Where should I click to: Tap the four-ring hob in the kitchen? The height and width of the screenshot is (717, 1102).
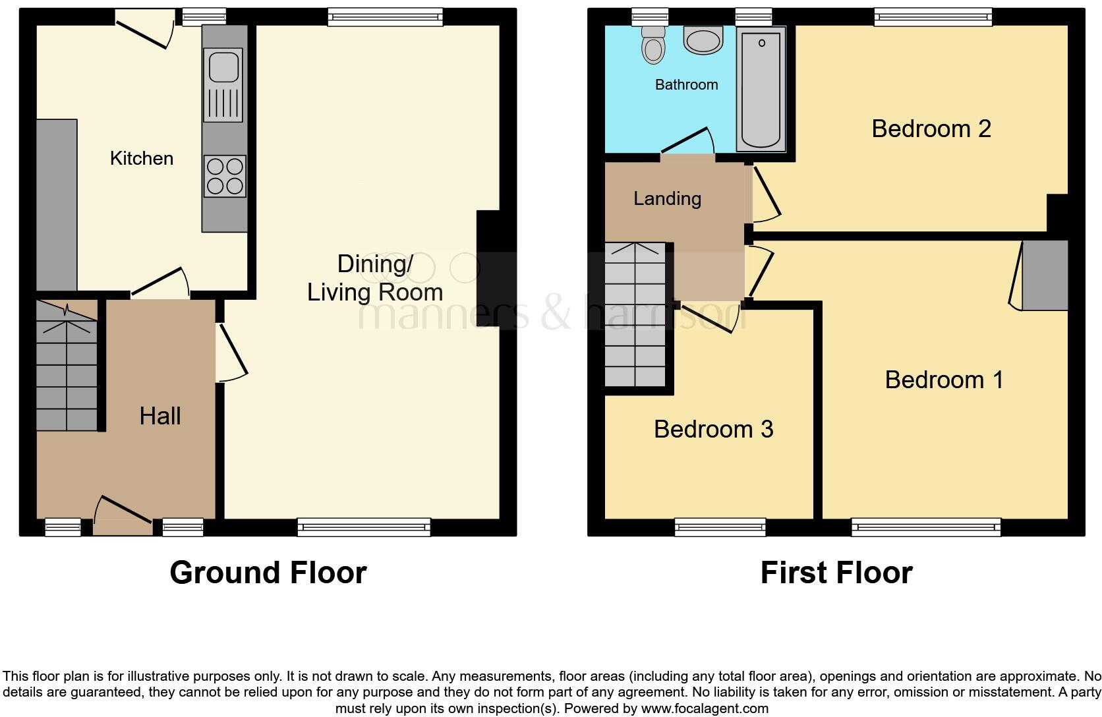pyautogui.click(x=225, y=177)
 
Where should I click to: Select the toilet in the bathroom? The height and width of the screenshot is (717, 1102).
pyautogui.click(x=653, y=45)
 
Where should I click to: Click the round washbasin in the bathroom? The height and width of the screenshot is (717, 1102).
pyautogui.click(x=704, y=40)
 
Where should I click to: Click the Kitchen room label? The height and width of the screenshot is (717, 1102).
pyautogui.click(x=141, y=158)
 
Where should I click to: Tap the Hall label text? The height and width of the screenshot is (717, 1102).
pyautogui.click(x=160, y=416)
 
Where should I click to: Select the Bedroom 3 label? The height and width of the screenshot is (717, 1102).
pyautogui.click(x=713, y=429)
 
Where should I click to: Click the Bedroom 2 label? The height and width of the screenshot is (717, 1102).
pyautogui.click(x=931, y=129)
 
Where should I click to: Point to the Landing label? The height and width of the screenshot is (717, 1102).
pyautogui.click(x=667, y=198)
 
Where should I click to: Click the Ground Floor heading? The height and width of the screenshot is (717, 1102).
pyautogui.click(x=268, y=572)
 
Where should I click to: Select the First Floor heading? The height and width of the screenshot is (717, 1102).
pyautogui.click(x=836, y=572)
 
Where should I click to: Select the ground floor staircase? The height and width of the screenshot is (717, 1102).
pyautogui.click(x=67, y=365)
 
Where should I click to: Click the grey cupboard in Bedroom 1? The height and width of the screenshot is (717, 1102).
pyautogui.click(x=1045, y=275)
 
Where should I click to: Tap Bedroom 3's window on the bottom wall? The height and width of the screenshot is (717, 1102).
pyautogui.click(x=720, y=527)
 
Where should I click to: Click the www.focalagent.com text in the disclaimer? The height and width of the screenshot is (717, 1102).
pyautogui.click(x=705, y=709)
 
